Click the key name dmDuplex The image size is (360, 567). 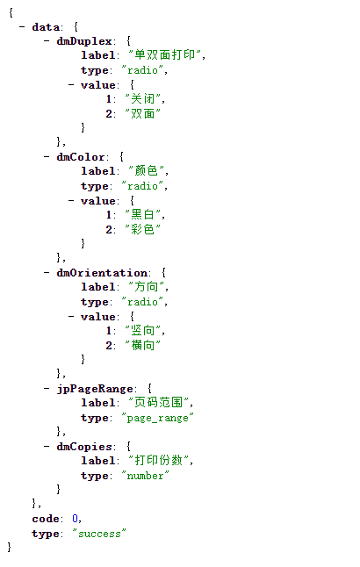coord(84,41)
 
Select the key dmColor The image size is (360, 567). coord(80,157)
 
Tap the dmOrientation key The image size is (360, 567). coord(102,273)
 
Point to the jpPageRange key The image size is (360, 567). coord(95,389)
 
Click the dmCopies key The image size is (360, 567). coord(84,447)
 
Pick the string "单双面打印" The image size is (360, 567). coord(165,55)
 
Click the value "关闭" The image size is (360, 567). coord(142,98)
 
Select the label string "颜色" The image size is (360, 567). coord(146,170)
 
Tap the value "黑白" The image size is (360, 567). coord(142,214)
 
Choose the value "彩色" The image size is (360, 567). coord(142,229)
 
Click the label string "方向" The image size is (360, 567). coord(146,287)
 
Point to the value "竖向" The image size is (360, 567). coord(142,331)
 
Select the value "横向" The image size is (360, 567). coord(142,345)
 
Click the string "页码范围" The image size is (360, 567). coord(159,403)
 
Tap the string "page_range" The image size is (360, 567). coord(157,418)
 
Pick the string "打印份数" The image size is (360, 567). coord(159,460)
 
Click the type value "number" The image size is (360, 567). coord(145,476)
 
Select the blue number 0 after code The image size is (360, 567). coord(75,519)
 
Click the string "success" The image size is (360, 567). coord(99,534)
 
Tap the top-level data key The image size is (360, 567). coord(46,27)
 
